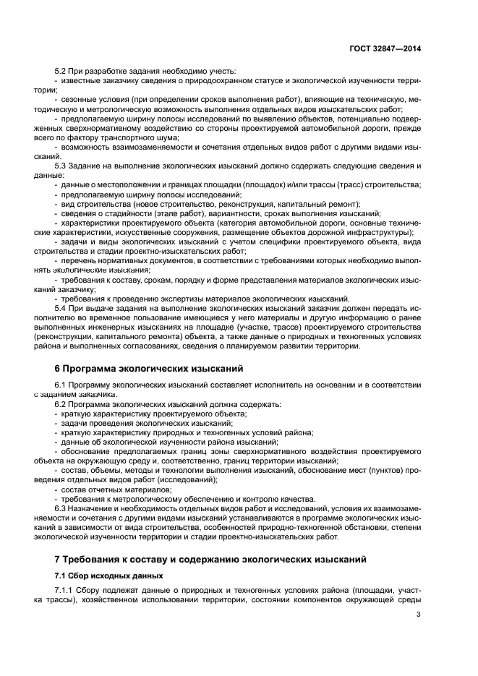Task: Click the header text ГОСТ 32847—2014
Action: [x=383, y=48]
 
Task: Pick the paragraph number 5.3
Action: [x=61, y=166]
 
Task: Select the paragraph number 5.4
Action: [x=61, y=308]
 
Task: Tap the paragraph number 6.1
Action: [x=61, y=385]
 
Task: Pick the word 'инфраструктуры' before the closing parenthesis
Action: [x=379, y=232]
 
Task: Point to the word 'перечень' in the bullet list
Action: [x=79, y=260]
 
